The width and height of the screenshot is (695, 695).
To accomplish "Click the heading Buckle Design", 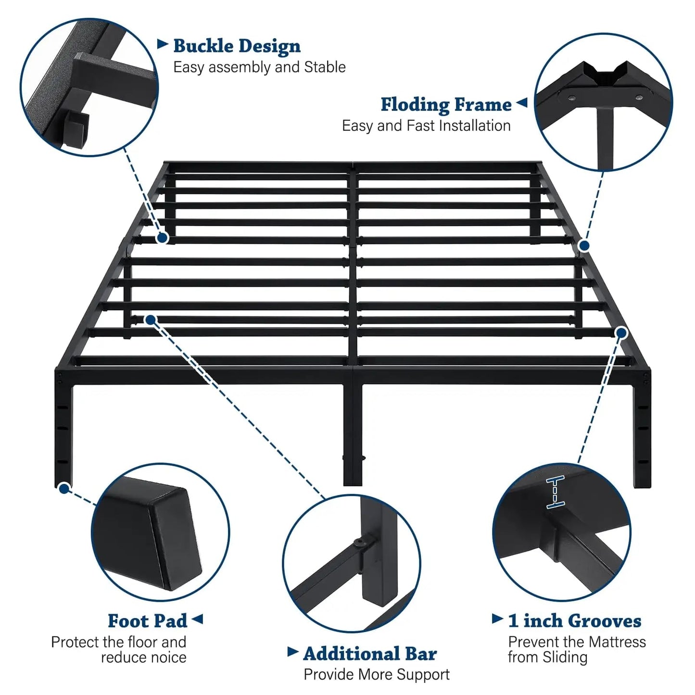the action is click(237, 46).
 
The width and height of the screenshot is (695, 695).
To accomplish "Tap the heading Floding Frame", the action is click(446, 105).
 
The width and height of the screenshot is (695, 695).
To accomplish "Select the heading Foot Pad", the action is click(148, 621).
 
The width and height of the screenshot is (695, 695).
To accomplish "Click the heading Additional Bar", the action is click(370, 654).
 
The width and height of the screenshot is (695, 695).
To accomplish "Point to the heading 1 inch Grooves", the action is click(575, 621).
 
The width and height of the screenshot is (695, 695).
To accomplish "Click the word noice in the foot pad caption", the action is click(169, 657).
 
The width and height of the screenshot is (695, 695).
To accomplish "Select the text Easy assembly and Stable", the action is click(259, 67).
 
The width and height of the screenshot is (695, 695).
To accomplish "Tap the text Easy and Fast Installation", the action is click(426, 126).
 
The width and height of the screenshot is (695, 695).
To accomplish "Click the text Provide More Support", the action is click(377, 674).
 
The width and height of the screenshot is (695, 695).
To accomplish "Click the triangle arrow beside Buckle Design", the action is click(163, 44).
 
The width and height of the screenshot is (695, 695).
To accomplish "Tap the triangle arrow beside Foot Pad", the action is click(197, 619).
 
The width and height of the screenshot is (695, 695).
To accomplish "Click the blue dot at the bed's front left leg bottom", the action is click(64, 489).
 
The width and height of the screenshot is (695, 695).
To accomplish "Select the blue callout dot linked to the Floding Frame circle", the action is click(584, 246).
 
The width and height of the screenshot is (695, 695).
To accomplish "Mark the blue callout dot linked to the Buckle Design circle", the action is click(162, 238).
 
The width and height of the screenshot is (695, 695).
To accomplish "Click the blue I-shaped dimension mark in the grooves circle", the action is click(556, 492).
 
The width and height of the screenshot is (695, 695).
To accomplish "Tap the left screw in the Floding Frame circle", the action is click(572, 97).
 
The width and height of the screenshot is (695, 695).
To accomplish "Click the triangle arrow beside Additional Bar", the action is click(293, 652).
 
